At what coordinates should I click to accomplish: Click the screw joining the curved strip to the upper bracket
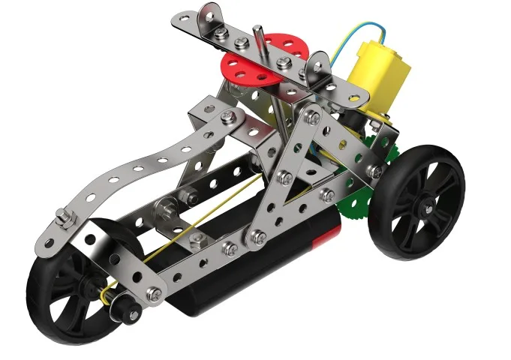(228, 116)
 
